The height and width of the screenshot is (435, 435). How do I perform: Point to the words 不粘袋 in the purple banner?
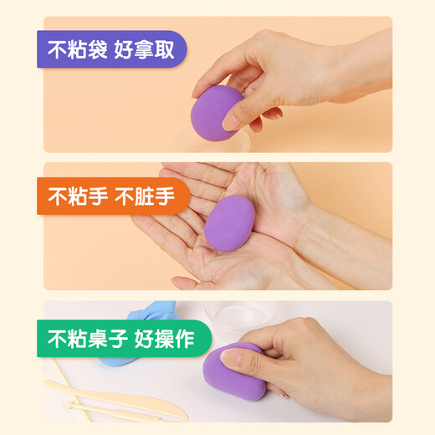point(74,49)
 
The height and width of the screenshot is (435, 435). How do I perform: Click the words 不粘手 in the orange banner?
point(74,197)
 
